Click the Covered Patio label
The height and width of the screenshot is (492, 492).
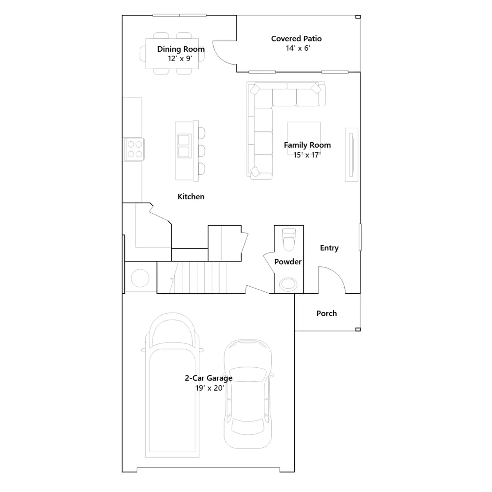[x=296, y=38]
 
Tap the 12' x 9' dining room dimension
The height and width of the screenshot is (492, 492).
[x=180, y=58]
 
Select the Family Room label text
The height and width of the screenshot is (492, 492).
[x=307, y=145]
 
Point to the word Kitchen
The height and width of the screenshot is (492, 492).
[x=191, y=196]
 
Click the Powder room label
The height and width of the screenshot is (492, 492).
[x=288, y=262]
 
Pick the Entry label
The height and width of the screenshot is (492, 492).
[x=329, y=248]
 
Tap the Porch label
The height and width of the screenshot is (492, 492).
[x=327, y=313]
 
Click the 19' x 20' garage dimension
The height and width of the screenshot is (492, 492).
[x=210, y=388]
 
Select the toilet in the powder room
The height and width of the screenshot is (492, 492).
[x=289, y=239]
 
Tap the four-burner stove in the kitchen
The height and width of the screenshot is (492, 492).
[x=134, y=149]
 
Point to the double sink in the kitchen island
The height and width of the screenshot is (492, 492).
[x=184, y=146]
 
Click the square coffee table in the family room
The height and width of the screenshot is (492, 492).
[x=304, y=138]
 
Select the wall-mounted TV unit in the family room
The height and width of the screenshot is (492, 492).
[x=351, y=155]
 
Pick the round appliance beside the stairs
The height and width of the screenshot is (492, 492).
[x=140, y=278]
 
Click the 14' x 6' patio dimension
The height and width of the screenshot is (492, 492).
[x=298, y=48]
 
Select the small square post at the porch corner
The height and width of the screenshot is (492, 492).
[x=358, y=330]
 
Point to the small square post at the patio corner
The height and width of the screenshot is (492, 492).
[x=358, y=17]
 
